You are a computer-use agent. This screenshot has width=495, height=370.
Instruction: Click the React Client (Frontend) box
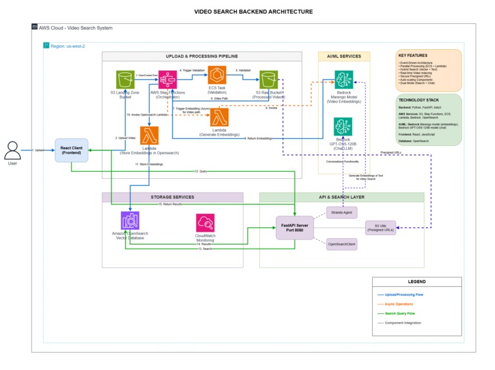pyautogui.click(x=71, y=150)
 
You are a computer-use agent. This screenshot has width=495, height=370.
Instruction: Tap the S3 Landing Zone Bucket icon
pyautogui.click(x=125, y=80)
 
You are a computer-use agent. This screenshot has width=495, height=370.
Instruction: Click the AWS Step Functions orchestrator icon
pyautogui.click(x=167, y=80)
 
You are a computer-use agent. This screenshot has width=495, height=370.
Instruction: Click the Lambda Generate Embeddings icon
pyautogui.click(x=221, y=117)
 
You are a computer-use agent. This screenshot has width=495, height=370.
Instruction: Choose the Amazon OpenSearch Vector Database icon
pyautogui.click(x=131, y=221)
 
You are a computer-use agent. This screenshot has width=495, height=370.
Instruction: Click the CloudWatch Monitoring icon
pyautogui.click(x=205, y=223)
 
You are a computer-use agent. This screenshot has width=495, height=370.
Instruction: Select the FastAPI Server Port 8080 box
pyautogui.click(x=294, y=227)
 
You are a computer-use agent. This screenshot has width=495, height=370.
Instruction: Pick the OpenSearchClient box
pyautogui.click(x=342, y=244)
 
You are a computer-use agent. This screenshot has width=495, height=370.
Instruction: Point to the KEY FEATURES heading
pyautogui.click(x=413, y=56)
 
